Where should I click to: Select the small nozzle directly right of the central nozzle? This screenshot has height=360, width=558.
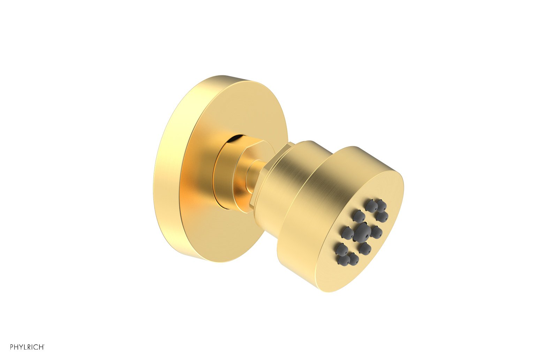377,231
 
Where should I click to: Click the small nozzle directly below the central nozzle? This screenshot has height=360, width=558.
364,248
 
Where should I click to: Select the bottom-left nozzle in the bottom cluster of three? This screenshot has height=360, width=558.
342,259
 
